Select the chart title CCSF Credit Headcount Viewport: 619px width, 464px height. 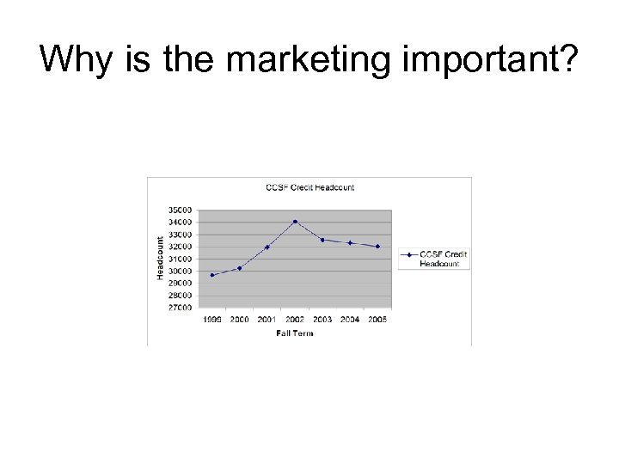tap(309, 187)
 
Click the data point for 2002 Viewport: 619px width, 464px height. tap(295, 222)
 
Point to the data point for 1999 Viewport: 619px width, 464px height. tap(212, 275)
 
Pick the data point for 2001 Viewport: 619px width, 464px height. tap(267, 247)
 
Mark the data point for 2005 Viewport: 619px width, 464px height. tap(377, 247)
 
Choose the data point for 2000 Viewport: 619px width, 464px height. tap(240, 268)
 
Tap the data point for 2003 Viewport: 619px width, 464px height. tap(322, 240)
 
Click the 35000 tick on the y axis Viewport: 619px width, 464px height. tap(181, 210)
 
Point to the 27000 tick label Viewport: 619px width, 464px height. tap(181, 307)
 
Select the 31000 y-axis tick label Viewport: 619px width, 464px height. tap(181, 259)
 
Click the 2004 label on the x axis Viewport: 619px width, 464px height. tap(350, 320)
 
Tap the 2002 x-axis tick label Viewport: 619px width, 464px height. tap(295, 320)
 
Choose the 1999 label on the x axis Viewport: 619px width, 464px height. tap(212, 320)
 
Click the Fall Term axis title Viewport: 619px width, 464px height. tap(295, 333)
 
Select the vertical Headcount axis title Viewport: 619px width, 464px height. tap(161, 258)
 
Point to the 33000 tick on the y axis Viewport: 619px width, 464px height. tap(181, 235)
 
